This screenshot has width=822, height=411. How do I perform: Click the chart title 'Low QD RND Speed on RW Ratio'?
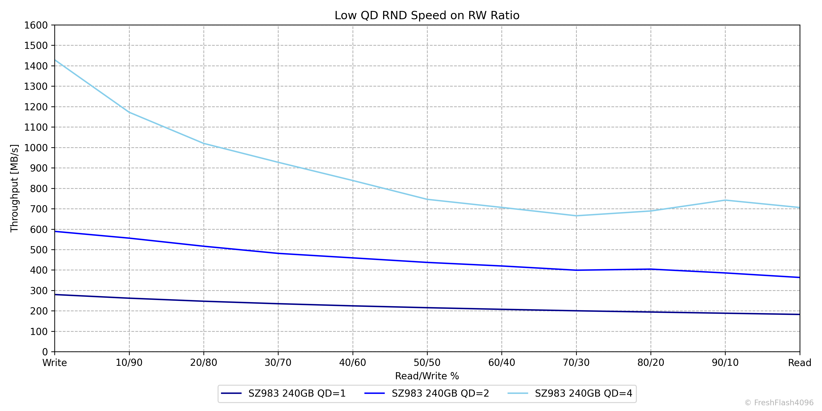(x=427, y=15)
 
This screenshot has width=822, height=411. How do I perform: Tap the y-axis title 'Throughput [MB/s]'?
(x=14, y=188)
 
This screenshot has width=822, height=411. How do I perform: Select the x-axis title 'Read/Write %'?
(x=427, y=376)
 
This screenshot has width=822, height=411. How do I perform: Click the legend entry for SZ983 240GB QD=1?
(x=297, y=393)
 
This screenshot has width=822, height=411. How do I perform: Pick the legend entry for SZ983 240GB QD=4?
(x=583, y=393)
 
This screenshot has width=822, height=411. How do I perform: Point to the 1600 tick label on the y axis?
(x=36, y=25)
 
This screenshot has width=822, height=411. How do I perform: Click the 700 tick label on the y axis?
(x=39, y=209)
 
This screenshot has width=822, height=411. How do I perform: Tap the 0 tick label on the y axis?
(x=45, y=352)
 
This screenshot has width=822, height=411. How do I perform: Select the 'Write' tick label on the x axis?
(x=55, y=363)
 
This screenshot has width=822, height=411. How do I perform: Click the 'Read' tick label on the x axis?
(x=799, y=363)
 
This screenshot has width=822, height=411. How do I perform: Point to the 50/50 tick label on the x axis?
(x=427, y=363)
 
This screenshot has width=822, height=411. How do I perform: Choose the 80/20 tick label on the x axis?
(x=651, y=363)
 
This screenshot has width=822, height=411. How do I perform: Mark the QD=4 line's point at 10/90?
(x=129, y=112)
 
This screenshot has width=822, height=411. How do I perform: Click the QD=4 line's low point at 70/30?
(x=576, y=216)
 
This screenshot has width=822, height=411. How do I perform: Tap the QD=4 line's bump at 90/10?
(x=725, y=200)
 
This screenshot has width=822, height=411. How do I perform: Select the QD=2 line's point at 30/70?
(x=278, y=253)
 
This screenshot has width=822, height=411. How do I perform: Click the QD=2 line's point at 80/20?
(x=651, y=269)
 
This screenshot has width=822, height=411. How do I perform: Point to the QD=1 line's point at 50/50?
(x=427, y=308)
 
